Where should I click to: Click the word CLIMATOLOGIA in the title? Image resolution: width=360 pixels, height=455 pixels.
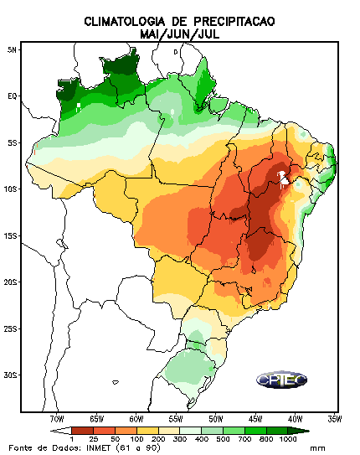(125, 22)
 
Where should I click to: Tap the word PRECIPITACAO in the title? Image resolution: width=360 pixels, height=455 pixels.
(234, 22)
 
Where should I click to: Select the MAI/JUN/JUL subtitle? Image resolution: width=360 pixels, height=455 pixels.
(179, 34)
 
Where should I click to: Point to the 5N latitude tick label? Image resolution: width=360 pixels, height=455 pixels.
(12, 49)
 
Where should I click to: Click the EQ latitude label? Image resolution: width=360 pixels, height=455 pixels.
(13, 96)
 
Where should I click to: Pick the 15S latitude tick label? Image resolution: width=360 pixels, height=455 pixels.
(10, 235)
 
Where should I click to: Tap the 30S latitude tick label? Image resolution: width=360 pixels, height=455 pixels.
(10, 375)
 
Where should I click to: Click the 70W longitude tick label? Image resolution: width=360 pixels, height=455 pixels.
(57, 419)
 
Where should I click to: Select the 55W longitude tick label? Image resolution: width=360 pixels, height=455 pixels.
(176, 419)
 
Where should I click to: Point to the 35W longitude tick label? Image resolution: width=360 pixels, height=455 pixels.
(335, 419)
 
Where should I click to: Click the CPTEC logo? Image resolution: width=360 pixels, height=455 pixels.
(282, 380)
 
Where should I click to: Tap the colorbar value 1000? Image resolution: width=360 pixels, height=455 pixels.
(288, 439)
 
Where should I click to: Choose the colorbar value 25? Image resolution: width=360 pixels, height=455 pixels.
(93, 439)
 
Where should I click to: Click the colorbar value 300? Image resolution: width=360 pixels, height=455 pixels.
(180, 439)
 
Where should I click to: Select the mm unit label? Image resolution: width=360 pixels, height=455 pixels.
(317, 448)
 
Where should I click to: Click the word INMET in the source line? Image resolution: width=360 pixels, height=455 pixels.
(98, 447)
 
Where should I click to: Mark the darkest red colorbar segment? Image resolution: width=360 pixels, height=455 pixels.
(82, 431)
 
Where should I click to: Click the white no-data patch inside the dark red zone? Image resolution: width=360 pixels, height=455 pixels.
(283, 178)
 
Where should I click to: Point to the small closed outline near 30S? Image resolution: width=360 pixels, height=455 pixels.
(116, 382)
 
